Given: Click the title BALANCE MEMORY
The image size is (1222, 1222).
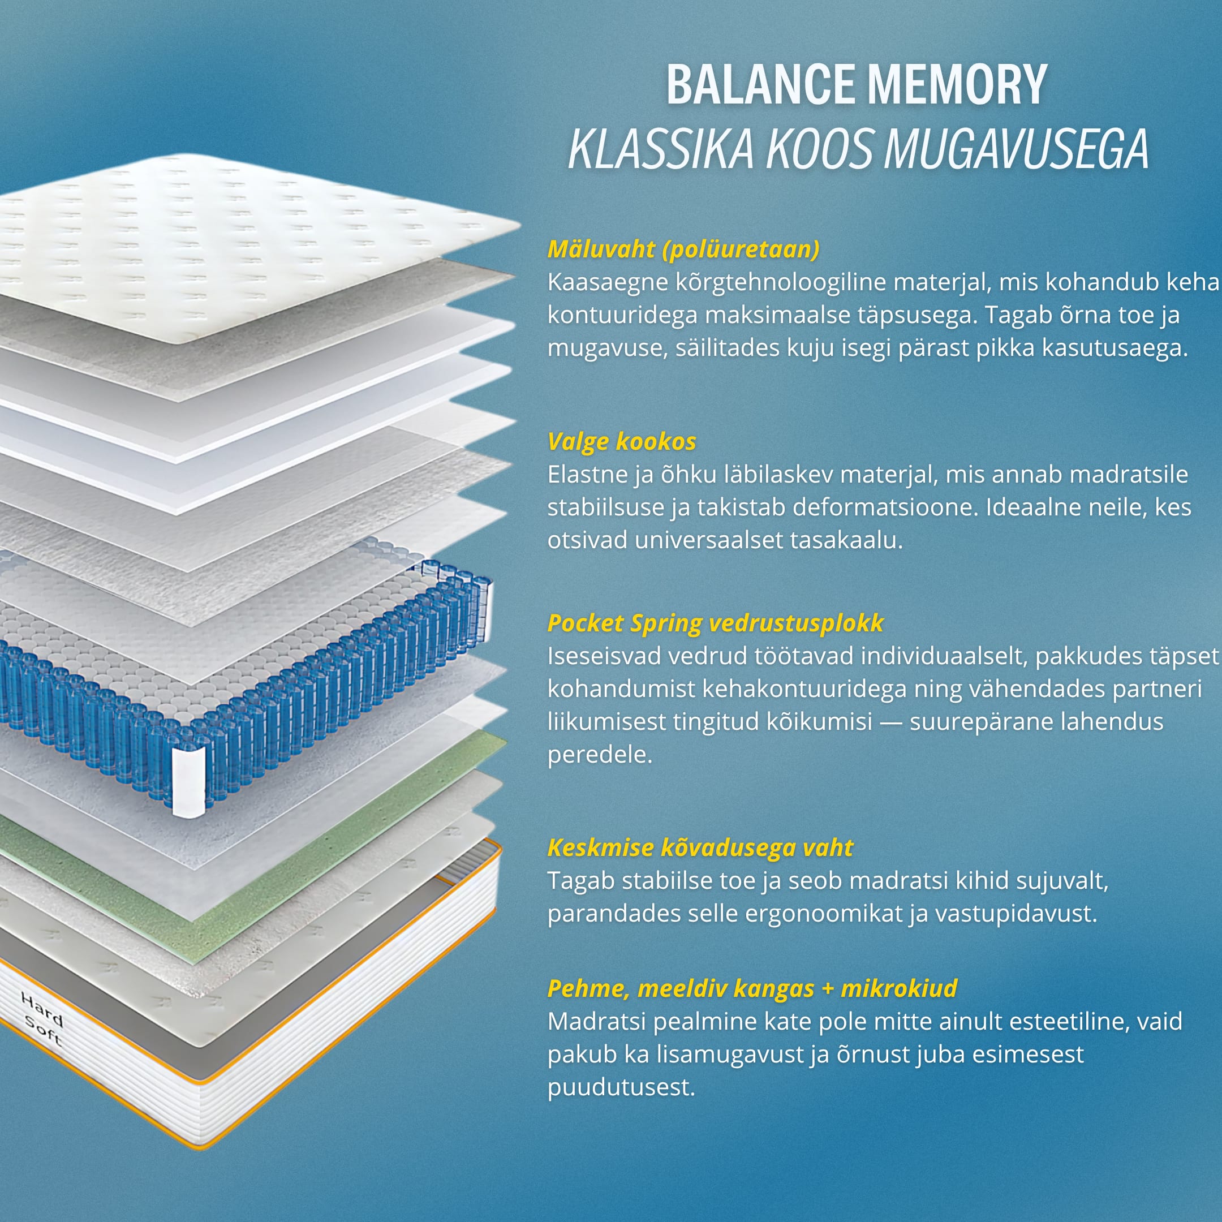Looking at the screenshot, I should coord(857,85).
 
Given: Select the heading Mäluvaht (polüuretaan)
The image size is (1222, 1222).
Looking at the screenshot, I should coord(683,249).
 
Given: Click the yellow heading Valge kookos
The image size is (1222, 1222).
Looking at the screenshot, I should coord(622,441).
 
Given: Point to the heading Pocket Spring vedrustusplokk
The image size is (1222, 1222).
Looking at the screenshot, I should coord(715,623).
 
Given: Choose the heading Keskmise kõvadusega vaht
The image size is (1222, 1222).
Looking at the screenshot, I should coord(700,847).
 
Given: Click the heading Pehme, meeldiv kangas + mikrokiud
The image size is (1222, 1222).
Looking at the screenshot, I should coord(752,988).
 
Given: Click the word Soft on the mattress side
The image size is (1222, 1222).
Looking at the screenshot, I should coord(44,1032).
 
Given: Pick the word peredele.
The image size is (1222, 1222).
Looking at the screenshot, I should coord(600,755).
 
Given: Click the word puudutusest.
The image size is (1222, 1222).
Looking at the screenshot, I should coord(621,1087).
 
